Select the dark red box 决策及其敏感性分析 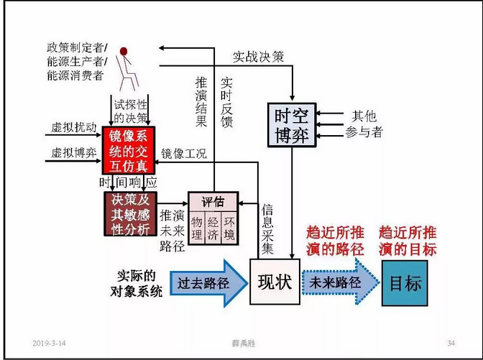pos(129,214)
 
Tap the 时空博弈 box pos(291,126)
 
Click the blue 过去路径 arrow pos(203,282)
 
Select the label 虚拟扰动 pos(72,128)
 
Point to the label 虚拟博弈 pos(72,153)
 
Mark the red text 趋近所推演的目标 pos(408,241)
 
